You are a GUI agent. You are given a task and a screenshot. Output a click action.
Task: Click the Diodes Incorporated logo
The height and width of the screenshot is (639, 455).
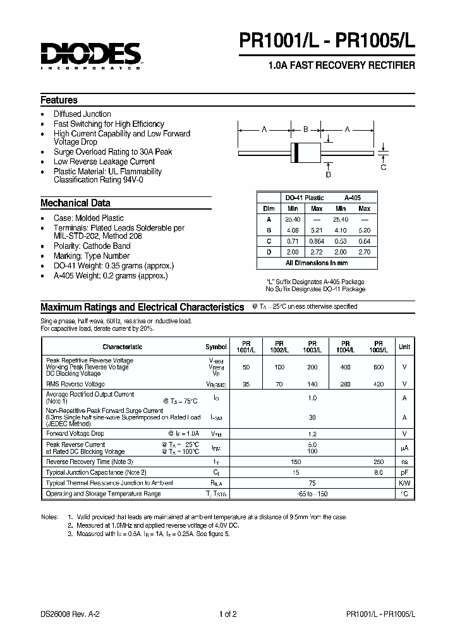pos(91,56)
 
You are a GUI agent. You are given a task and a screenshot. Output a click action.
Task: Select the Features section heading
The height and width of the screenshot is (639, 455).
pos(59,100)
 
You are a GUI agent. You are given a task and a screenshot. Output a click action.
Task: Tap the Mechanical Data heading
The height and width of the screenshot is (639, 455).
pos(75,203)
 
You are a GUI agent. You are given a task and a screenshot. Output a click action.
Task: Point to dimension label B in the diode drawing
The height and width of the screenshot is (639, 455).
pos(305,129)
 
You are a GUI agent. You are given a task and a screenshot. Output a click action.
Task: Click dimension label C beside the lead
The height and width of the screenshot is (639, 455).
pos(384,167)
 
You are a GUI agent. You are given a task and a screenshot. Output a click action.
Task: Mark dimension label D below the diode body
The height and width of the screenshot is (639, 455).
pos(328,174)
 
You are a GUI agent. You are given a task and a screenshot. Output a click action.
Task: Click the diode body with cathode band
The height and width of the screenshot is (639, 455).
pos(305,152)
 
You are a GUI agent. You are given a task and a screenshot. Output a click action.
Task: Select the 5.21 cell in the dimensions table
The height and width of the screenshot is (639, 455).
pos(316,230)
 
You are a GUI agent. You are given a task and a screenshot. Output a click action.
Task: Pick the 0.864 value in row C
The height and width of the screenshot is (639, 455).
pos(316,241)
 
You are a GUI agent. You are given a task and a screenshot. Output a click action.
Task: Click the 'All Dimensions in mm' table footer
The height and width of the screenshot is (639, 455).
pos(317,263)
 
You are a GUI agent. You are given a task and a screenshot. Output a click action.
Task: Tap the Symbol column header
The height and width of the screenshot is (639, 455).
pos(216,347)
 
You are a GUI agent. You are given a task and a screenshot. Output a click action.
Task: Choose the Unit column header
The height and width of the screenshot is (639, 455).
pos(404,347)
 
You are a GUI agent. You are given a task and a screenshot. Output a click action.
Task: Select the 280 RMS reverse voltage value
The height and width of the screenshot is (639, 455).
pos(345,384)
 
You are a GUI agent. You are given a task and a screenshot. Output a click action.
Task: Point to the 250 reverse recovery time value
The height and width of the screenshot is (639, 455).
pos(378,462)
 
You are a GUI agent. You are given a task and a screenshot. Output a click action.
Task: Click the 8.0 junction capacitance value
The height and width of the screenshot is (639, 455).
pos(378,472)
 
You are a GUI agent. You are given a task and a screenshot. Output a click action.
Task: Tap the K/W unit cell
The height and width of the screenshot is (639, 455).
pos(404,483)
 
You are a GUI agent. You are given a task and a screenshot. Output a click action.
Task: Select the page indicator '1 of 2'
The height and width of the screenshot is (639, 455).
pos(227,614)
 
